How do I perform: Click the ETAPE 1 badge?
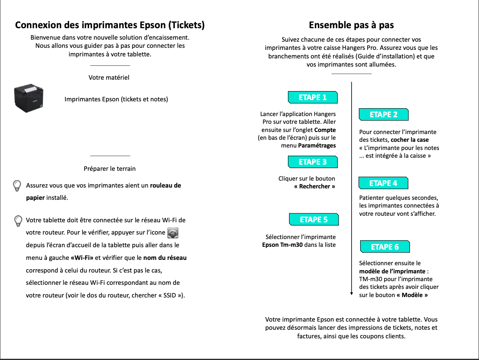(x=313, y=97)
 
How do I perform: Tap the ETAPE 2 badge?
(x=383, y=114)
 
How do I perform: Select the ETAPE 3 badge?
(x=313, y=162)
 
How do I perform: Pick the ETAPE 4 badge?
(x=383, y=183)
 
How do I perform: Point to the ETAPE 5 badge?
(x=314, y=219)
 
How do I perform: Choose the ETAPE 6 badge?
(x=385, y=247)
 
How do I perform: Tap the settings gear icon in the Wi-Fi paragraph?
(x=174, y=233)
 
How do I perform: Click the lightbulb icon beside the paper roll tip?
(x=17, y=186)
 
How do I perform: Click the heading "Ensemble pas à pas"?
(x=351, y=25)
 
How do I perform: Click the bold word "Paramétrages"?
(x=317, y=145)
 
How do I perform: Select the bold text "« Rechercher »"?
(x=314, y=186)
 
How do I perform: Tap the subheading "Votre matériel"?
(x=109, y=77)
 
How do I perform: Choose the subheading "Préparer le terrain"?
(x=109, y=168)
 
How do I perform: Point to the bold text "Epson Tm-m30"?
(x=282, y=245)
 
